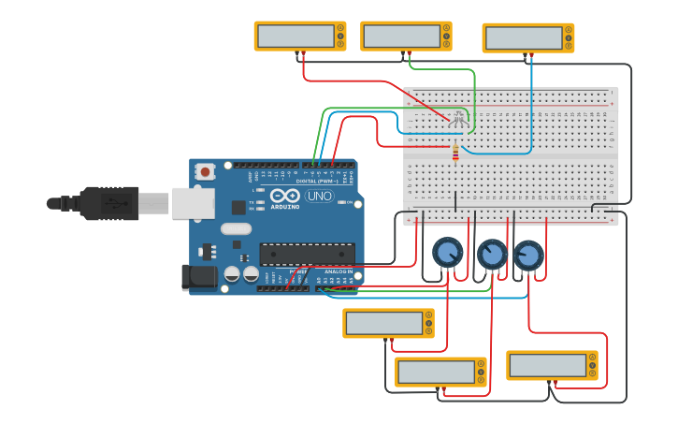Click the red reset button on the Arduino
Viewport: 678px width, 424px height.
[x=205, y=171]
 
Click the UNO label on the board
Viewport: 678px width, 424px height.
[x=320, y=197]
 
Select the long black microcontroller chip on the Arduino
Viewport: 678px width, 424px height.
[x=307, y=254]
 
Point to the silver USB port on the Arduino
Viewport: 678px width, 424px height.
[x=193, y=203]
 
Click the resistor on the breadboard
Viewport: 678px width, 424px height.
[x=455, y=153]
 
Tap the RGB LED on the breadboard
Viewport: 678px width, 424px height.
[x=457, y=119]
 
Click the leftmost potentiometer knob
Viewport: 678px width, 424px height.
[x=447, y=252]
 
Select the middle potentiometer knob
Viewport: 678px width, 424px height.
[x=492, y=255]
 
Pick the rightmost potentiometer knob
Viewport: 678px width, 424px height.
[x=528, y=256]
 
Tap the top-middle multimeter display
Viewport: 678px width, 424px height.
[x=402, y=37]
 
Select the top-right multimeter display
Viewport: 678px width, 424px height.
[x=524, y=38]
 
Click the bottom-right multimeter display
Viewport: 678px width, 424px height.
[x=548, y=364]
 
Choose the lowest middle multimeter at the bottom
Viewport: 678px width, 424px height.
[x=436, y=372]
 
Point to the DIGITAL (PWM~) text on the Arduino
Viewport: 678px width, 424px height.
[x=317, y=181]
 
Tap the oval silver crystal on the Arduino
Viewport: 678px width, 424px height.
[x=237, y=228]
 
